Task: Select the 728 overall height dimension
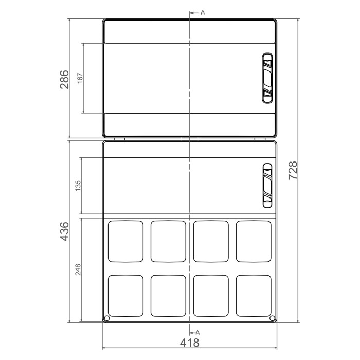[293, 170]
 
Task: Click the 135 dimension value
[78, 186]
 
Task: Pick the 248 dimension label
[78, 269]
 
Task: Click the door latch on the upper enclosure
[267, 78]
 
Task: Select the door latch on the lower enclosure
[267, 186]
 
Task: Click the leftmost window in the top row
[126, 241]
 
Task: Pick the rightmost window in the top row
[254, 241]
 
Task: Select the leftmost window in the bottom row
[126, 295]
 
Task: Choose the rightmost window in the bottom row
[254, 295]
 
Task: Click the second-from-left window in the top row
[168, 241]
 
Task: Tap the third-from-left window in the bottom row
[211, 295]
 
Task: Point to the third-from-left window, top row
[211, 241]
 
